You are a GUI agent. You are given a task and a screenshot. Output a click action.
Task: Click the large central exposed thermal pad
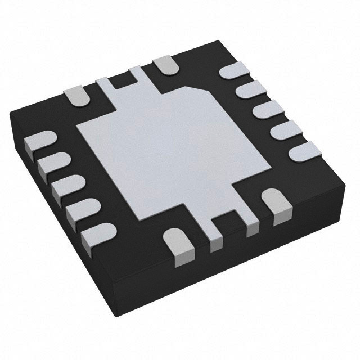tap(163, 152)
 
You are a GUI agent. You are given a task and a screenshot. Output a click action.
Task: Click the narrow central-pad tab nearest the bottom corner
tap(215, 238)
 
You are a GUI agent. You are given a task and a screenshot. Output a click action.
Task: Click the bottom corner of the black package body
tap(186, 338)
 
